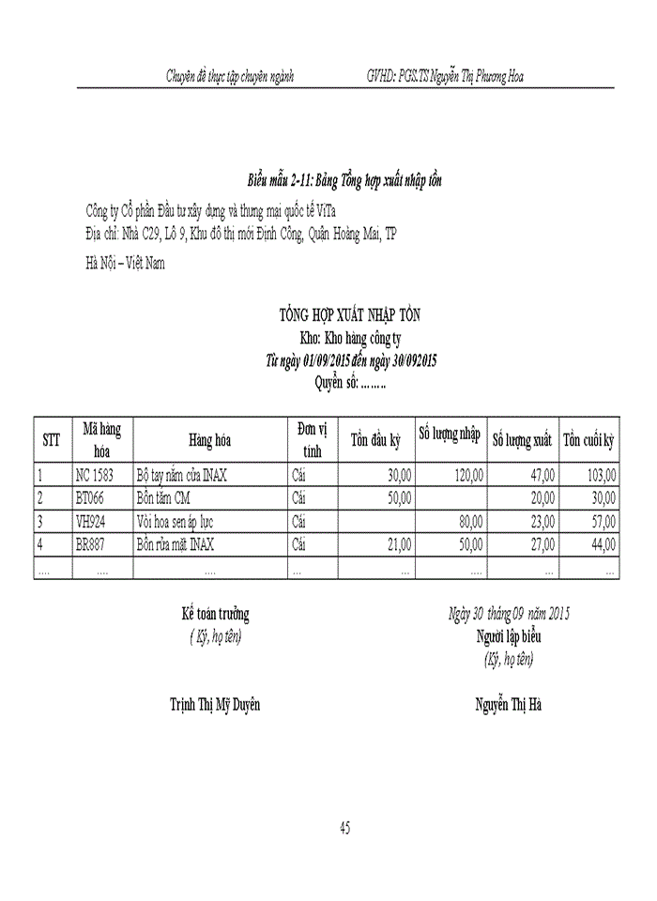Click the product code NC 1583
click(94, 476)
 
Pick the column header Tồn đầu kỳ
click(375, 439)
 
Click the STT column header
click(52, 439)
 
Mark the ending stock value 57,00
click(604, 521)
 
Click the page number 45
click(345, 828)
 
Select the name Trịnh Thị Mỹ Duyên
click(215, 704)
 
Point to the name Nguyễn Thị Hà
click(508, 704)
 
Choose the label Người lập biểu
click(508, 637)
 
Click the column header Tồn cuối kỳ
click(588, 439)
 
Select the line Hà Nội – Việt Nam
click(125, 264)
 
